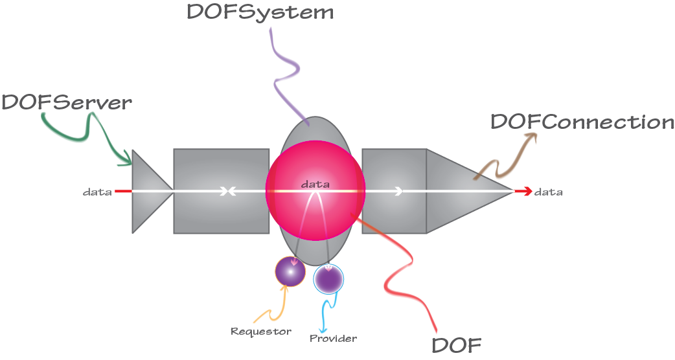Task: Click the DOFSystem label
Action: pyautogui.click(x=260, y=12)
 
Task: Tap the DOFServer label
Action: pyautogui.click(x=66, y=102)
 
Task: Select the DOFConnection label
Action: pyautogui.click(x=582, y=122)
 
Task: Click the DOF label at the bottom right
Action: pyautogui.click(x=457, y=345)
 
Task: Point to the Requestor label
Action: pyautogui.click(x=261, y=332)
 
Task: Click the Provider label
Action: pyautogui.click(x=333, y=338)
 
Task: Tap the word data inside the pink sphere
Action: pyautogui.click(x=315, y=185)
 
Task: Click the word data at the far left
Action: pyautogui.click(x=97, y=192)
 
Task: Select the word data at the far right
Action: pyautogui.click(x=549, y=192)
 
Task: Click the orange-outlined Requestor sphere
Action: pyautogui.click(x=290, y=271)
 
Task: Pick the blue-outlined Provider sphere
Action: pyautogui.click(x=328, y=278)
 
